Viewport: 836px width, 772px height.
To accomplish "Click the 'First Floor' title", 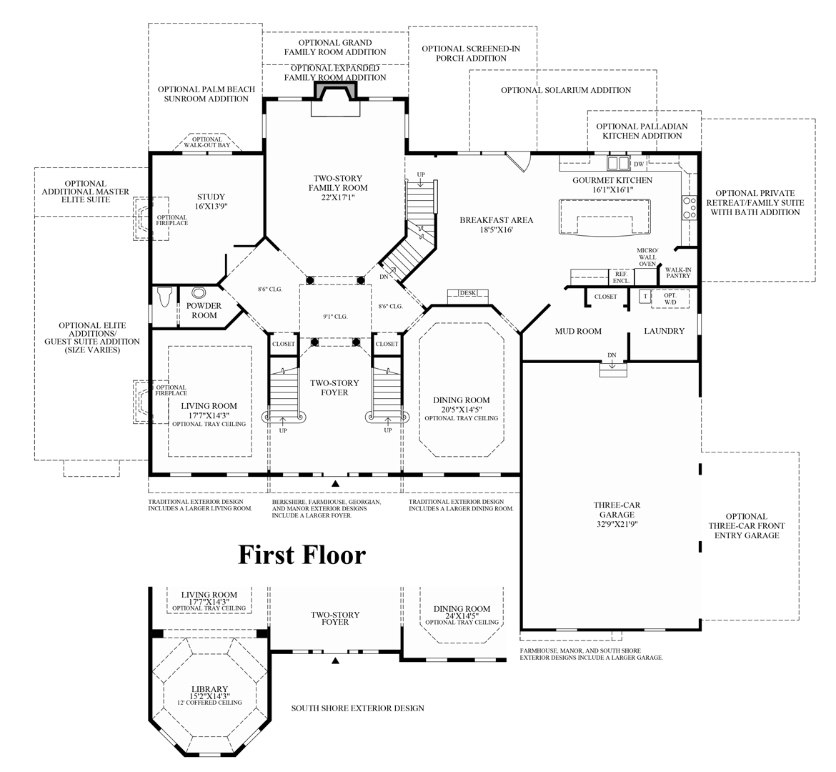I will click(302, 555).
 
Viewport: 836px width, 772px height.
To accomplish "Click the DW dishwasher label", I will click(639, 164).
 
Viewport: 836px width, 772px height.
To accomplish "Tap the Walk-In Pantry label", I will click(677, 271).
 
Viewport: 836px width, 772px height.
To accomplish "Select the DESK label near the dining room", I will click(467, 293).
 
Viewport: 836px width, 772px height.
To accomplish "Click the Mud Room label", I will click(578, 331).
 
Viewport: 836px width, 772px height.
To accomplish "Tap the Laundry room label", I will click(664, 331).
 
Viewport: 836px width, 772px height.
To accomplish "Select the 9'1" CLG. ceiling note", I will click(334, 317).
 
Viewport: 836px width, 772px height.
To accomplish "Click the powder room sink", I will click(198, 292).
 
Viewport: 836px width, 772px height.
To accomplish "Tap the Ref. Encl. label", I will click(620, 277).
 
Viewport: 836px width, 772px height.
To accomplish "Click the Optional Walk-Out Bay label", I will click(207, 142).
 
